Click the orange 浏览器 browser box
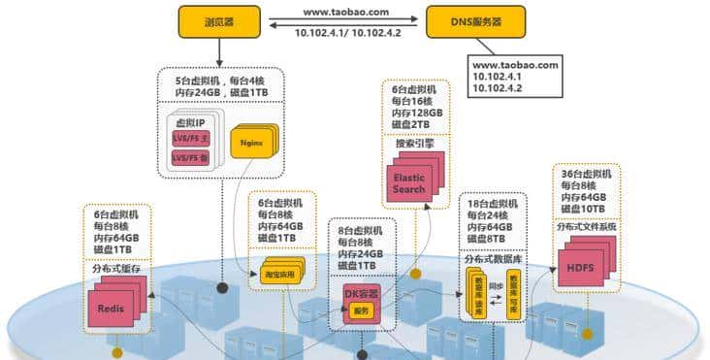click(218, 21)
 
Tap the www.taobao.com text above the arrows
click(346, 12)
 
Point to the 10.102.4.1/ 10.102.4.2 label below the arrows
click(346, 34)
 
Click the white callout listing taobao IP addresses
click(515, 76)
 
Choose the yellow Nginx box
click(252, 145)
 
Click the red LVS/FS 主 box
click(190, 139)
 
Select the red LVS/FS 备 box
click(190, 156)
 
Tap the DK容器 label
click(360, 292)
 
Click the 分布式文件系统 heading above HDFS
click(586, 227)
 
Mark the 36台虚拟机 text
click(585, 173)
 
